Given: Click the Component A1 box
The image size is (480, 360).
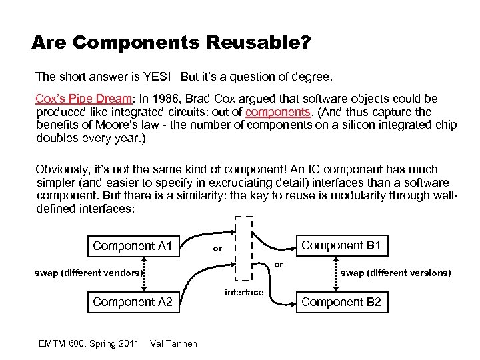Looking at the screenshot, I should [x=133, y=246].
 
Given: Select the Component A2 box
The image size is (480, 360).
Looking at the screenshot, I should [x=133, y=302].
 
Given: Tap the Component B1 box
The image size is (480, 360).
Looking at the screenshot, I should [x=341, y=245].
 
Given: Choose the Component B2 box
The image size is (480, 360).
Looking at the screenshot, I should [x=341, y=302].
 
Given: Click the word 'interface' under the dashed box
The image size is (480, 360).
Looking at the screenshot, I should [x=244, y=292].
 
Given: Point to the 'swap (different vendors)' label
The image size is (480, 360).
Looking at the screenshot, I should [x=89, y=272].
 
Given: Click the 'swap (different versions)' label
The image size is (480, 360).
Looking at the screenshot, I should [x=396, y=272].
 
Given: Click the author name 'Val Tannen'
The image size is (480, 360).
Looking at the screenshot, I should [x=174, y=343].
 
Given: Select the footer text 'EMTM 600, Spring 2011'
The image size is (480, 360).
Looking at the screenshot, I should [x=89, y=343].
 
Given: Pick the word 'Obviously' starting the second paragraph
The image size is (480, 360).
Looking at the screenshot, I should [x=63, y=169].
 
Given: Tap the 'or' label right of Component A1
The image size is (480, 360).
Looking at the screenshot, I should [x=217, y=249].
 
